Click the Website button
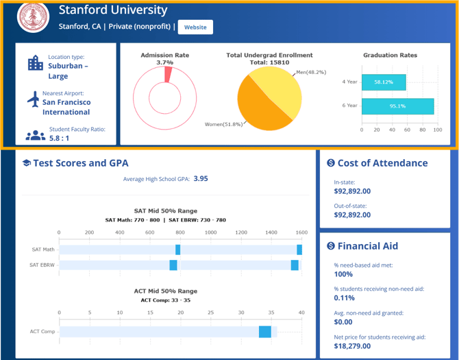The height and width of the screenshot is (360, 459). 195,27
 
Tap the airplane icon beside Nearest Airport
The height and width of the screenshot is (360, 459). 34,100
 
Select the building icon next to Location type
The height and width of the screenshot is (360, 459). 35,64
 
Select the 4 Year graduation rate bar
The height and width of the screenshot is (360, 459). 384,82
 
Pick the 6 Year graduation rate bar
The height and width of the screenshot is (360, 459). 397,106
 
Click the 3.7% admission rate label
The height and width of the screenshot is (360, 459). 164,63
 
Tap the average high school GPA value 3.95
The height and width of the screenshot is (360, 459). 201,178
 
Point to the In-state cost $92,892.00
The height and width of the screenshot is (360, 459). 352,191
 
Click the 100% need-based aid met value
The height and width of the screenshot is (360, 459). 343,274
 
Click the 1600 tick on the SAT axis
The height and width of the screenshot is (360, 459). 300,232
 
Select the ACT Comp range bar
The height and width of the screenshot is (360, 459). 264,332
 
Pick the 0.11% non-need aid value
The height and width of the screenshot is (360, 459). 344,298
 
